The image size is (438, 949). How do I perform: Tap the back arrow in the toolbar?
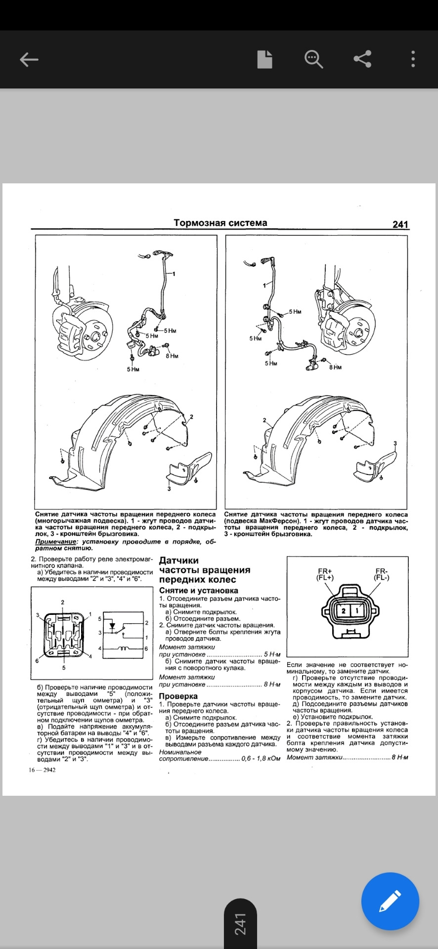pos(29,60)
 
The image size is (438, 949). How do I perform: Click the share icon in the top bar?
pos(362,59)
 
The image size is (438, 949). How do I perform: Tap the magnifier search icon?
pos(313,59)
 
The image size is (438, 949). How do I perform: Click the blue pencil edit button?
pos(390,902)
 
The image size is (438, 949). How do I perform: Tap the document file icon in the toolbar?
pos(264,59)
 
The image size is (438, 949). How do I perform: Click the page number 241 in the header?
pos(400,224)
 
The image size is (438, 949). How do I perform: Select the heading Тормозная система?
pos(220,223)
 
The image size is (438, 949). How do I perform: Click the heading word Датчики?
pos(179,561)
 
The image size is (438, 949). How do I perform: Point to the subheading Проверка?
pos(178,696)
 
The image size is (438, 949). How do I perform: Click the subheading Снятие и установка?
pos(199,591)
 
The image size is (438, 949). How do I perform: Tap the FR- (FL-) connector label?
pos(382,574)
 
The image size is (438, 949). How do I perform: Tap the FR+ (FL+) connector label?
pos(325,574)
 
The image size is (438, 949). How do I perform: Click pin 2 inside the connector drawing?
pos(344,611)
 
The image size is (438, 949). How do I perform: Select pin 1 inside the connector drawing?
pos(357,611)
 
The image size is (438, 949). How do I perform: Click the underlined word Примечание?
pos(56,542)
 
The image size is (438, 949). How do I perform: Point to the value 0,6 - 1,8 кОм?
pos(261,759)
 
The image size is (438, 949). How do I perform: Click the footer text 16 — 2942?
pos(42,770)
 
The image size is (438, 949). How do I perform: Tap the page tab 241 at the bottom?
pos(240,924)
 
